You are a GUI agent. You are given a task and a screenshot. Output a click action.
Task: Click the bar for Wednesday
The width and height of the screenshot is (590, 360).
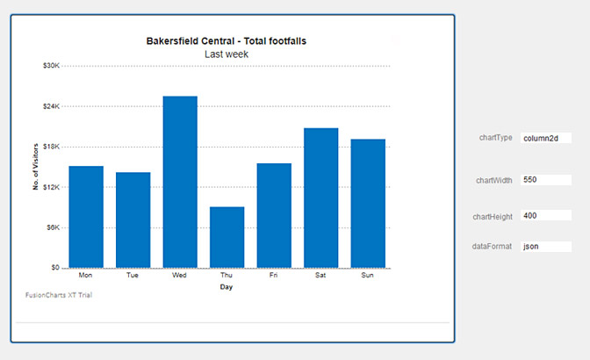pos(180,182)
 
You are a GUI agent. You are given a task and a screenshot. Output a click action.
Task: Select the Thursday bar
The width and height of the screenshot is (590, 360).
pos(227,237)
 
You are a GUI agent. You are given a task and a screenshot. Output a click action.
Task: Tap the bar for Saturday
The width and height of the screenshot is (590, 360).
pos(320,198)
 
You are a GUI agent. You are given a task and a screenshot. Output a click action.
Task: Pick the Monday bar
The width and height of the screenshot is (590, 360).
pos(86,217)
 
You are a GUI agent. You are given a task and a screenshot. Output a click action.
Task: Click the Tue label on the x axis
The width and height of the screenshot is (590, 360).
pos(133,276)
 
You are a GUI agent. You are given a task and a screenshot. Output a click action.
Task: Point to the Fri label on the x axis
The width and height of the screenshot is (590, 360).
pos(274,276)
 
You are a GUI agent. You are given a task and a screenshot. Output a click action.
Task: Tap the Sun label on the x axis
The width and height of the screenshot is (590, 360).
pos(368,276)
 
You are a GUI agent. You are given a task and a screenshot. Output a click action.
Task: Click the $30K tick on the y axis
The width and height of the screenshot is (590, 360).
pos(51,66)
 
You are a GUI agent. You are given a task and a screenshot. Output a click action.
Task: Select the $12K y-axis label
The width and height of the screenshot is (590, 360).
pos(51,187)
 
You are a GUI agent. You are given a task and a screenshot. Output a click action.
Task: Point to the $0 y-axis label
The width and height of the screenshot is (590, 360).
pos(54,268)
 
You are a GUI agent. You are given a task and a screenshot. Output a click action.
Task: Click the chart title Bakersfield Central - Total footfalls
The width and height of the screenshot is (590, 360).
pos(227,41)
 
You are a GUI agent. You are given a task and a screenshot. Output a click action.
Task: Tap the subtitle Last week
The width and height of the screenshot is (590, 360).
pos(227,54)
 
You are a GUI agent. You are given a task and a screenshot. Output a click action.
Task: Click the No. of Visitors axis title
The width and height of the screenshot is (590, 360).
pos(36,167)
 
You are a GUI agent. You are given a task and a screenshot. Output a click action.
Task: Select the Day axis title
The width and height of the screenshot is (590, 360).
pos(227,287)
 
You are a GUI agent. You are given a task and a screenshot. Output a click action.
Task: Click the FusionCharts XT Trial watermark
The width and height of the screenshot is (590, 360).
pos(59,295)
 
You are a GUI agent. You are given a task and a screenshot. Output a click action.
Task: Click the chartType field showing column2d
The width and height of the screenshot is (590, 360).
pos(545,138)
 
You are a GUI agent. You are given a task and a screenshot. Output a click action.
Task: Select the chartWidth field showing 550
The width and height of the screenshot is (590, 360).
pos(545,179)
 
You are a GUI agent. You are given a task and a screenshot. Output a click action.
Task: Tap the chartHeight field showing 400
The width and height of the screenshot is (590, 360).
pos(545,215)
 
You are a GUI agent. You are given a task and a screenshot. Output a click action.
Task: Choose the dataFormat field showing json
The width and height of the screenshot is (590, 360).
pos(545,247)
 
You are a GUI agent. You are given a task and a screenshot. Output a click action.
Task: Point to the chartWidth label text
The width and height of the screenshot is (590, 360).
pos(493,180)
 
